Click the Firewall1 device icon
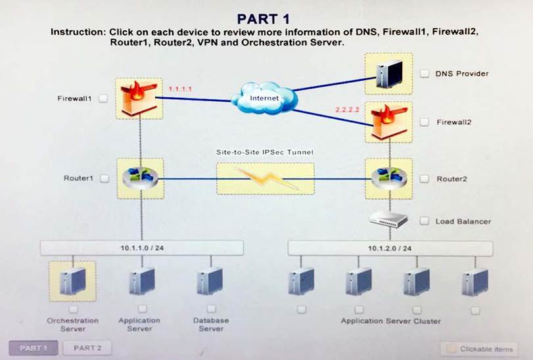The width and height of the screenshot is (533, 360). pos(138,98)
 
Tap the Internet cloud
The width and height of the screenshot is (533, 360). pos(264,98)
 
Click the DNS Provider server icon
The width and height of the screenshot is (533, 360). pos(388,74)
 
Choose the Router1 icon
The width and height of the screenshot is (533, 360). pos(139,178)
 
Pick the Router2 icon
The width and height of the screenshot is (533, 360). pos(389,178)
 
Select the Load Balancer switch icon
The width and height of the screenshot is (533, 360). pos(389,221)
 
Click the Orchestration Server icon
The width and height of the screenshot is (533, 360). pos(72,281)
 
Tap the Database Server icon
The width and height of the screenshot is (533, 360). pos(210,281)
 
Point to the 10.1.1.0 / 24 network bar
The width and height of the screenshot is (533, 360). pos(141,248)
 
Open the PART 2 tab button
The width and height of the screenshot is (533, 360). pos(87,348)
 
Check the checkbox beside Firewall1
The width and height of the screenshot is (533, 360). pos(104,99)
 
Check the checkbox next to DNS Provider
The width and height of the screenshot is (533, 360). pos(424,74)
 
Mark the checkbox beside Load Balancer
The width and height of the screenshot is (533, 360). pos(424,221)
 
